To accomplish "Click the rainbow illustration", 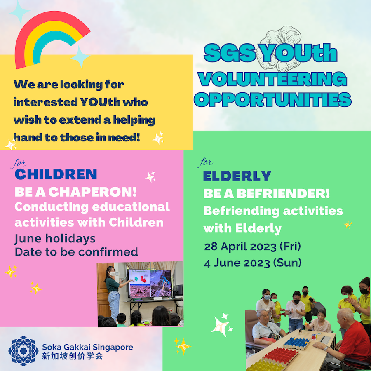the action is pyautogui.click(x=28, y=35).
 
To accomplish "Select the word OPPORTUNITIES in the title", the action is pyautogui.click(x=272, y=99).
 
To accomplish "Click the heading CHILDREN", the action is pyautogui.click(x=56, y=174).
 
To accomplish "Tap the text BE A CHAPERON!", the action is pyautogui.click(x=76, y=192).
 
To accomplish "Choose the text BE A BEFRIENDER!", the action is pyautogui.click(x=266, y=194).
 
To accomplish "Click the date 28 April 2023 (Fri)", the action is pyautogui.click(x=252, y=247).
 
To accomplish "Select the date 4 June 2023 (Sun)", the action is pyautogui.click(x=253, y=263).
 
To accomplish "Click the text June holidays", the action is pyautogui.click(x=55, y=239).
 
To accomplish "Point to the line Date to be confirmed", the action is pyautogui.click(x=76, y=252).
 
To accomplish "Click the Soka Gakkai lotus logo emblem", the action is pyautogui.click(x=23, y=351).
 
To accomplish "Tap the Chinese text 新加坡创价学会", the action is pyautogui.click(x=73, y=356).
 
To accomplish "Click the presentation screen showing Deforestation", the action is pyautogui.click(x=150, y=283).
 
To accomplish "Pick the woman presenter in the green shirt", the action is pyautogui.click(x=113, y=294).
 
